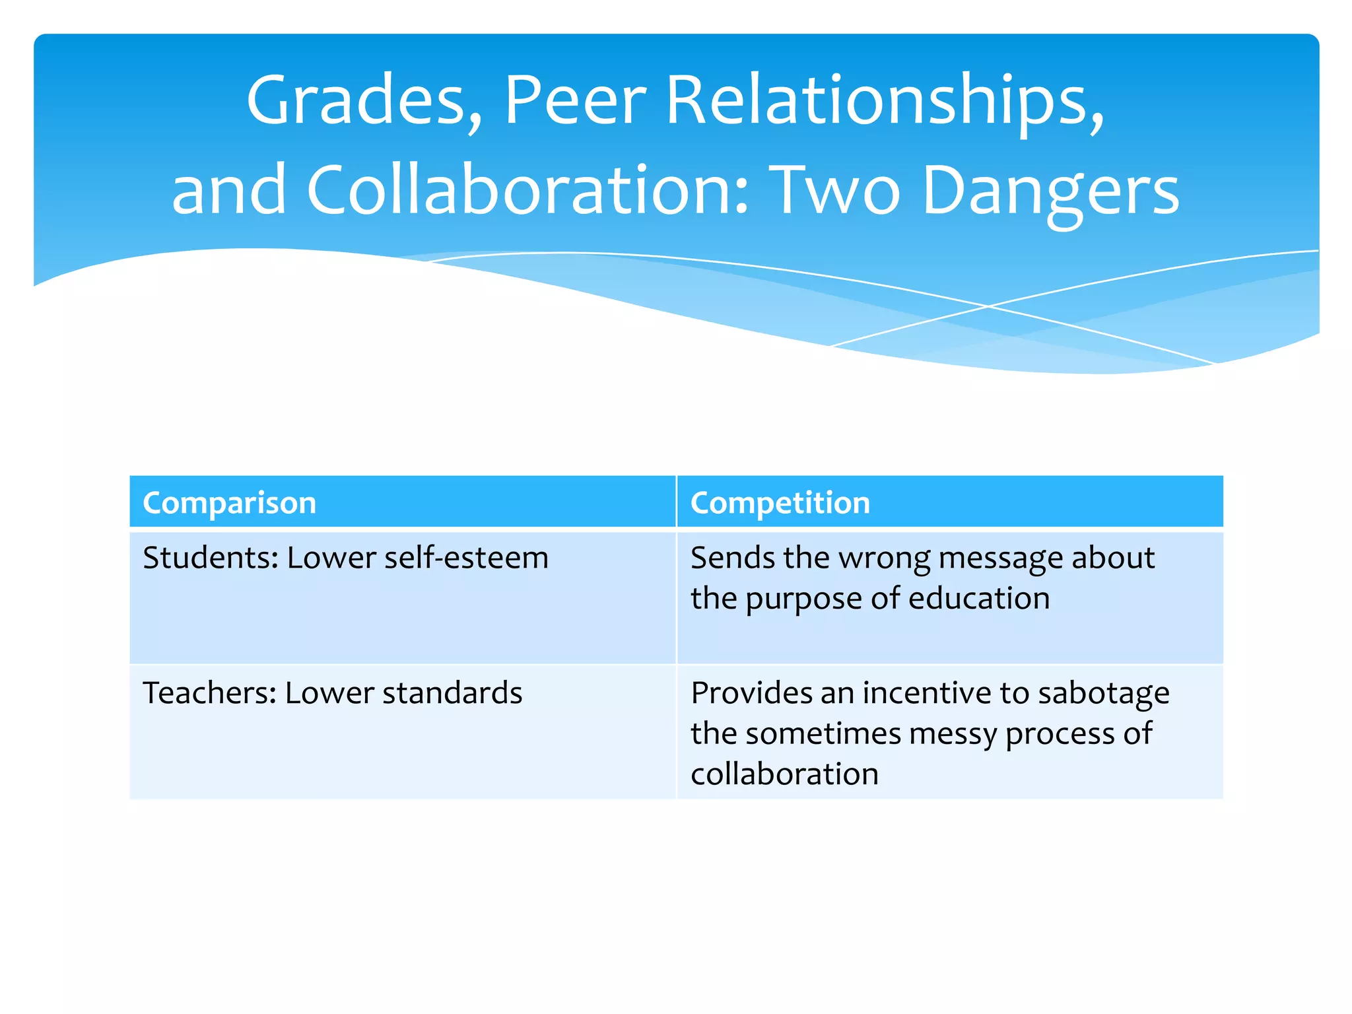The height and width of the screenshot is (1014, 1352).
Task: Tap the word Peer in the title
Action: coord(574,101)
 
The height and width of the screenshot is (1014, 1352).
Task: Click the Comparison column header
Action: coord(230,503)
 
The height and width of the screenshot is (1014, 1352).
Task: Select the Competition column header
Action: coord(780,503)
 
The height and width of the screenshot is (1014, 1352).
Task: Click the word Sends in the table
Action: coord(733,558)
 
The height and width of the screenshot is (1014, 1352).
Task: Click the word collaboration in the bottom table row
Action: coord(784,774)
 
